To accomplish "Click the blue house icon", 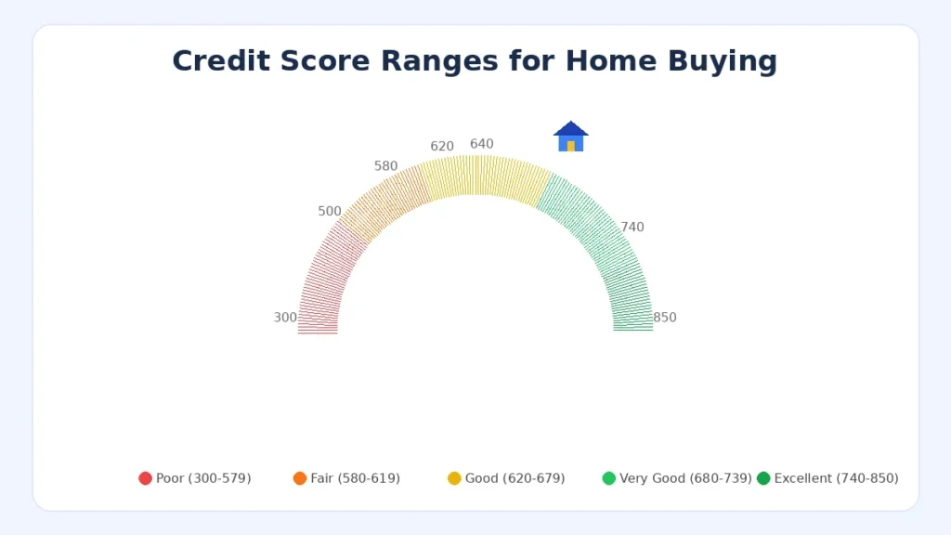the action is coord(571,137).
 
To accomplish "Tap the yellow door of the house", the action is coord(571,146).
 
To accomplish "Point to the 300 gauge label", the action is coord(285,318).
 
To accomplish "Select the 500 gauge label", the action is coord(330,211).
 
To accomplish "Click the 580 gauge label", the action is coord(385,166).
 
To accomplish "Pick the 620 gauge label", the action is coord(442,146).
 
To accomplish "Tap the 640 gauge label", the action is coord(482,144).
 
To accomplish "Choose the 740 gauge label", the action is coord(632,227).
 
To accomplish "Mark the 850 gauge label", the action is coord(665,318).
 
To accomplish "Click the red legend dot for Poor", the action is coord(145,478).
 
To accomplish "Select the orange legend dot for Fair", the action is coord(300,478).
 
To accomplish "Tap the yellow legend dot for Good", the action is coord(454,478).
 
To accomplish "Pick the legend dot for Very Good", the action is coord(609,478).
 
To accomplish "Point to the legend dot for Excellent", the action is coord(763,478).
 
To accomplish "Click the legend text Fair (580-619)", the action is coord(356,478).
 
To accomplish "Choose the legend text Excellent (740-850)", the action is coord(837,478).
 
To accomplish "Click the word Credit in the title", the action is coord(221,60).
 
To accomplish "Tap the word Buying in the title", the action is coord(723,62).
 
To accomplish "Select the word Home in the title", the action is coord(611,60).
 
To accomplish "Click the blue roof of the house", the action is coord(571,128).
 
